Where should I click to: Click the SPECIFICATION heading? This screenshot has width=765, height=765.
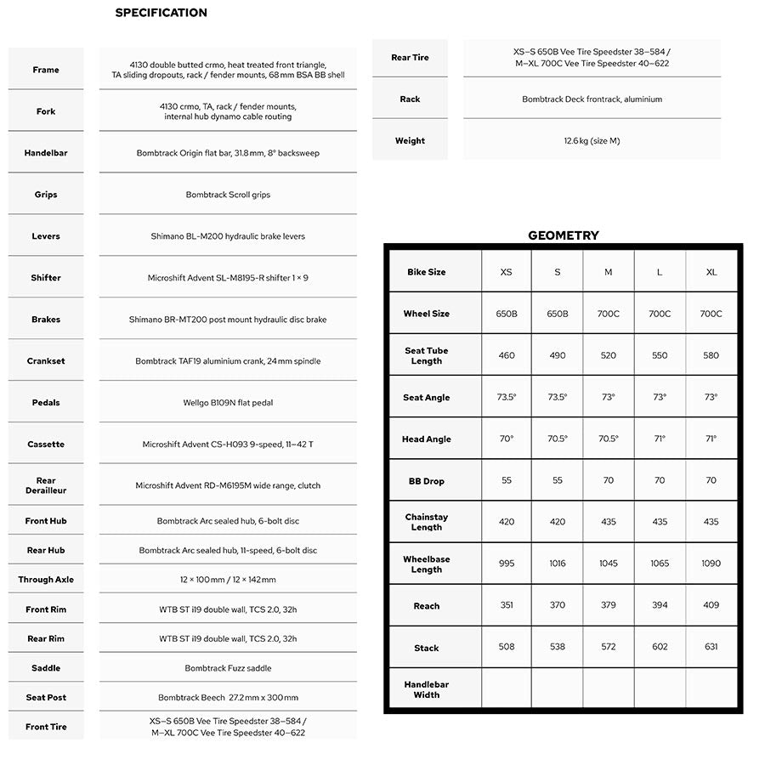[161, 13]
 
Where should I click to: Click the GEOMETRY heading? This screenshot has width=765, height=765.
[563, 235]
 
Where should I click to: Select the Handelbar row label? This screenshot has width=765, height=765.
[46, 153]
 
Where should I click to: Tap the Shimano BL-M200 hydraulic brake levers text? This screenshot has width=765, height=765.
[228, 236]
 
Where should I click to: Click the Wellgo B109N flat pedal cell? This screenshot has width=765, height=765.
[228, 403]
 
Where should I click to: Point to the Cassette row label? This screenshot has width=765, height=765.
[46, 445]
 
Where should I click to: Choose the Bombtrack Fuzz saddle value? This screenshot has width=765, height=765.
[228, 668]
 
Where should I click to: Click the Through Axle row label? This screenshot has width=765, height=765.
[46, 580]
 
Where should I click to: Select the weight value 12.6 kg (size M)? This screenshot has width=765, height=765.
[592, 141]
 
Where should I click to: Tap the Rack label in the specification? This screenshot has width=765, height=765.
[410, 99]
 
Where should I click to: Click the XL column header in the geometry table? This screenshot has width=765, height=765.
[711, 272]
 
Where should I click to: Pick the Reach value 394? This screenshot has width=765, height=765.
[660, 605]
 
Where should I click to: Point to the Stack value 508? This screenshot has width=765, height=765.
[507, 647]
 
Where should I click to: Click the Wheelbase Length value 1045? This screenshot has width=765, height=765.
[609, 564]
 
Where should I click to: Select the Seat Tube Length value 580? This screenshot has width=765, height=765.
[711, 355]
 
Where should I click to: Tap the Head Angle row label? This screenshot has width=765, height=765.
[426, 439]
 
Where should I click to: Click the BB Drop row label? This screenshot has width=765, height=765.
[426, 481]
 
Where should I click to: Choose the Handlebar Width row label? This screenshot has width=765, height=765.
[426, 689]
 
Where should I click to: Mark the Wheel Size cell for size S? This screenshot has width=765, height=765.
[558, 314]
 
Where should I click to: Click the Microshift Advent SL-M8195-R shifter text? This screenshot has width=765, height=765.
[228, 278]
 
